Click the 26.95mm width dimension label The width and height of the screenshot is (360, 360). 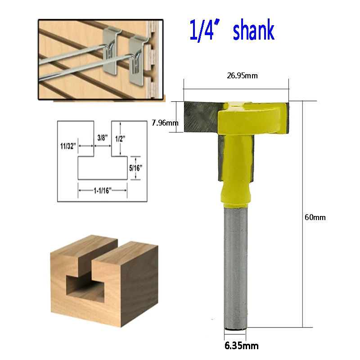(x=242, y=76)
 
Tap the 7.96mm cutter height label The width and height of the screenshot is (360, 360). (x=165, y=123)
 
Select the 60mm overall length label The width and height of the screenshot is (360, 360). (x=315, y=217)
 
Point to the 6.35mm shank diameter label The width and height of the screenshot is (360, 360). (x=242, y=346)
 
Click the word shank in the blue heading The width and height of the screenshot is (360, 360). (x=254, y=30)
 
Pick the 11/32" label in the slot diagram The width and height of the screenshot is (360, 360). (x=68, y=146)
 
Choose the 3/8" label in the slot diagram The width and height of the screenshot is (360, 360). (x=103, y=138)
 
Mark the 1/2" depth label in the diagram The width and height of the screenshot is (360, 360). (x=120, y=139)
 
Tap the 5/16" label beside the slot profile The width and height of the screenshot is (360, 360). (x=135, y=168)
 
